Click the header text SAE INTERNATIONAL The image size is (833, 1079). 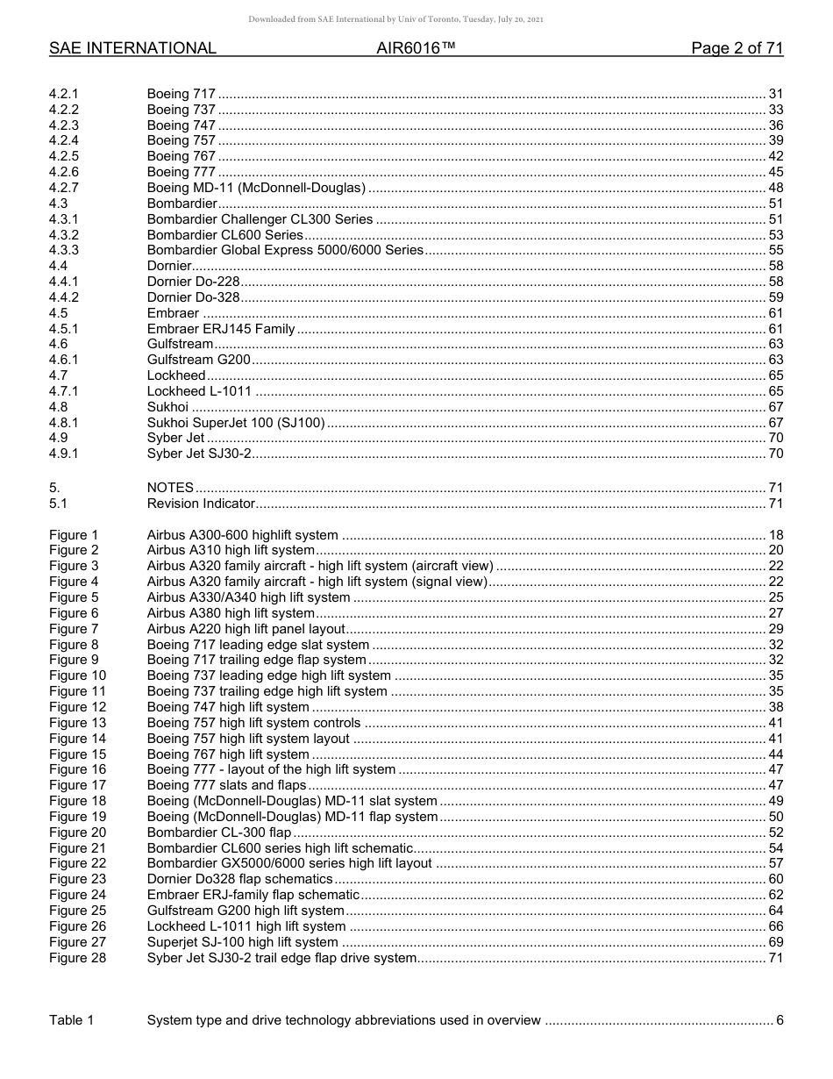(x=132, y=48)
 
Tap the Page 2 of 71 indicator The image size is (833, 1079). (x=737, y=48)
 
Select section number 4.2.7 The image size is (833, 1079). (x=64, y=188)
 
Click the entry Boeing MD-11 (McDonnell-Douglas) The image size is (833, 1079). (x=256, y=188)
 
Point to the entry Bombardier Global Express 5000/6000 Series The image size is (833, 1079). (x=285, y=250)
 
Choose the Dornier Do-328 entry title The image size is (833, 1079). (x=194, y=297)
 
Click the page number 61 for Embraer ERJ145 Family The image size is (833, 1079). (x=775, y=329)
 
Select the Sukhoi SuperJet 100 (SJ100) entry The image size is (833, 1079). (x=236, y=423)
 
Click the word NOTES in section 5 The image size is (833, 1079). (x=170, y=488)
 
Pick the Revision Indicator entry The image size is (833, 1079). (x=201, y=504)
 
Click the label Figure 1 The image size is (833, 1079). (x=74, y=535)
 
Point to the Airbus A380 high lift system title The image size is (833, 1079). (x=231, y=613)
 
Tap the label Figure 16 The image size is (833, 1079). (x=77, y=769)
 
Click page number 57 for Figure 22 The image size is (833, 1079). (x=775, y=863)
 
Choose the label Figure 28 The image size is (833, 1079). (x=77, y=958)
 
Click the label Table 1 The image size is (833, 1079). (x=71, y=1019)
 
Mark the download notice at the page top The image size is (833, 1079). (x=395, y=19)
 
